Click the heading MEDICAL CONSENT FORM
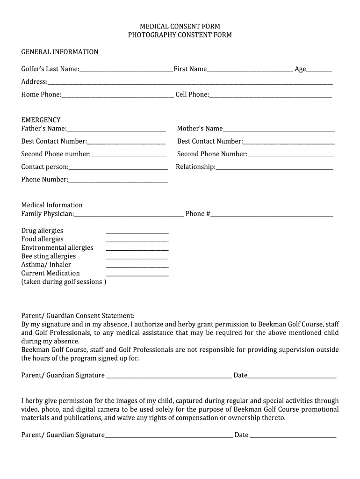(x=180, y=26)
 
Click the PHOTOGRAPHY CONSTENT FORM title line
(x=180, y=35)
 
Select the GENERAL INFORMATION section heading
(x=60, y=52)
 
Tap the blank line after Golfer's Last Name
(x=126, y=70)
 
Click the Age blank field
(x=319, y=70)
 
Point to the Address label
(x=34, y=82)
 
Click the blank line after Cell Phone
(x=271, y=95)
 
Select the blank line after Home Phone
(x=117, y=95)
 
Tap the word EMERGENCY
(x=41, y=120)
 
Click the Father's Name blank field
(x=116, y=130)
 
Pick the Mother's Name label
(x=200, y=129)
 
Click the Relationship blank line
(x=274, y=168)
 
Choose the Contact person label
(x=44, y=167)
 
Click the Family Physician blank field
(x=129, y=215)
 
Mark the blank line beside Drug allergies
(x=137, y=232)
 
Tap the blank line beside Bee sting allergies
(x=137, y=257)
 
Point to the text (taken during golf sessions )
(x=64, y=282)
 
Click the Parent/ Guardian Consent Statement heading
(x=78, y=316)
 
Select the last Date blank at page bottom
(x=293, y=436)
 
